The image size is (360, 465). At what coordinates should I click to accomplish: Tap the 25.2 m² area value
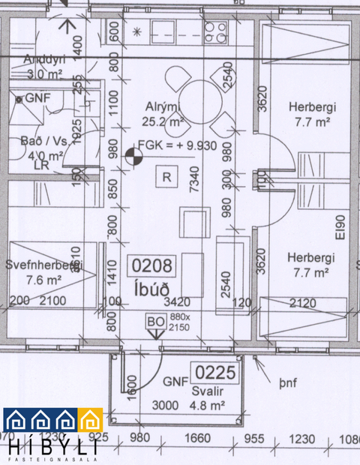point(164,121)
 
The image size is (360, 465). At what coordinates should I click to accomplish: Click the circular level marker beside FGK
point(133,156)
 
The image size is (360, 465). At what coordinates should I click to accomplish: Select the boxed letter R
point(166,177)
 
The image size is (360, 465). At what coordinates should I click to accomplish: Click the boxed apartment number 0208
point(152,265)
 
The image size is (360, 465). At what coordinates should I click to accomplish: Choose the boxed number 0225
point(214,371)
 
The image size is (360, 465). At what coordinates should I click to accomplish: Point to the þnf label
point(288,383)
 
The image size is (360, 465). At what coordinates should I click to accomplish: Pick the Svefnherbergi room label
point(42,265)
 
